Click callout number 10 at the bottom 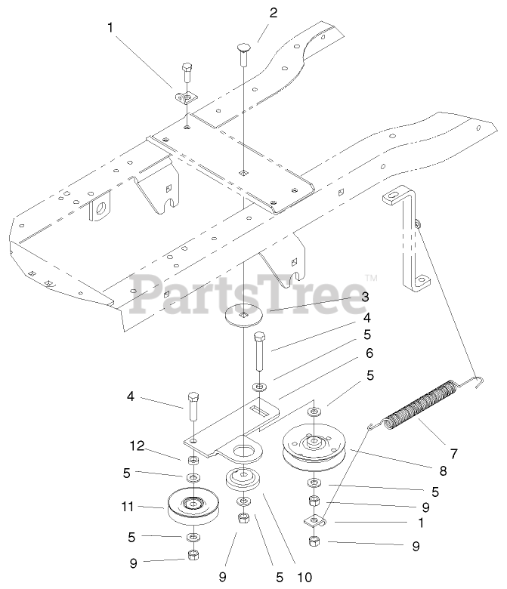(x=304, y=578)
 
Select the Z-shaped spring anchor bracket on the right (x=408, y=242)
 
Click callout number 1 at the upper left (x=111, y=28)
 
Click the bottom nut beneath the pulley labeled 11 (x=193, y=556)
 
